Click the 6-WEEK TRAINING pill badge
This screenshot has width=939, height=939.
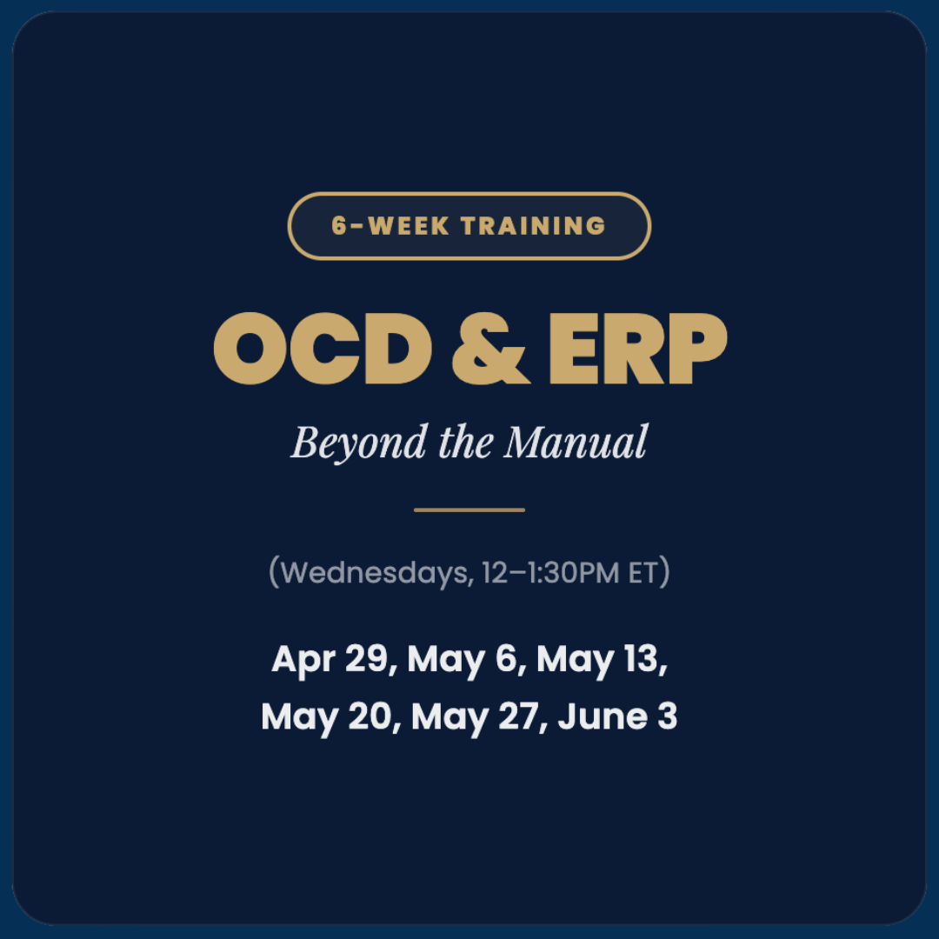[x=469, y=226]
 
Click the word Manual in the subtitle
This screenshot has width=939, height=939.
[x=576, y=443]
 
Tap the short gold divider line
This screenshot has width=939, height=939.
[x=469, y=509]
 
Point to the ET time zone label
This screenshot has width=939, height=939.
[x=643, y=574]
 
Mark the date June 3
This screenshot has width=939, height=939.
[x=617, y=717]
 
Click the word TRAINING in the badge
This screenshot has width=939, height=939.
[x=533, y=226]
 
